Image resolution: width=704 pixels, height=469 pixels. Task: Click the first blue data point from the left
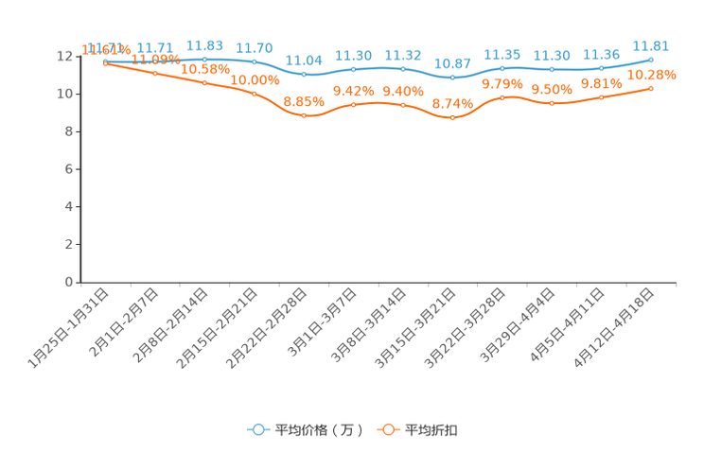tap(105, 61)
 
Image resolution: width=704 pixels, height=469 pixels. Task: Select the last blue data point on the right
tap(651, 60)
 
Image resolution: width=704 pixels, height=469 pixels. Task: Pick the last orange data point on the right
tap(651, 88)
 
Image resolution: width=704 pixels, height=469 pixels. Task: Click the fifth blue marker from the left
tap(304, 74)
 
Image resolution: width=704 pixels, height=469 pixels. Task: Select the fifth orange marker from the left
tap(304, 115)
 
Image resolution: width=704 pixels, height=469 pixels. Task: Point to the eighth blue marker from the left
tap(453, 78)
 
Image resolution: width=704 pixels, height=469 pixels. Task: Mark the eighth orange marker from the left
tap(453, 118)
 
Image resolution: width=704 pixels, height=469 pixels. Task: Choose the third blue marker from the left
tap(204, 59)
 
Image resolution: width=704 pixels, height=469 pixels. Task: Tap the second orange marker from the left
tap(155, 73)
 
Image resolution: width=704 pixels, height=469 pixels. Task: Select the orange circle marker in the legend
tap(388, 430)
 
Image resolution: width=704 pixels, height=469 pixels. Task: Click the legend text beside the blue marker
tap(319, 430)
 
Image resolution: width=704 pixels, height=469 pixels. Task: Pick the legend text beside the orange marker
tap(432, 430)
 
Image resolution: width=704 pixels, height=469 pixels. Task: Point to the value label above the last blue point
tap(651, 44)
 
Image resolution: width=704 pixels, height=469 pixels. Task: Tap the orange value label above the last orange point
tap(652, 75)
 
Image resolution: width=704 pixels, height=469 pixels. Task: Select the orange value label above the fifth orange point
tap(304, 100)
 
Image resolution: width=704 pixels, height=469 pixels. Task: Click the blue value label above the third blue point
tap(204, 44)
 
